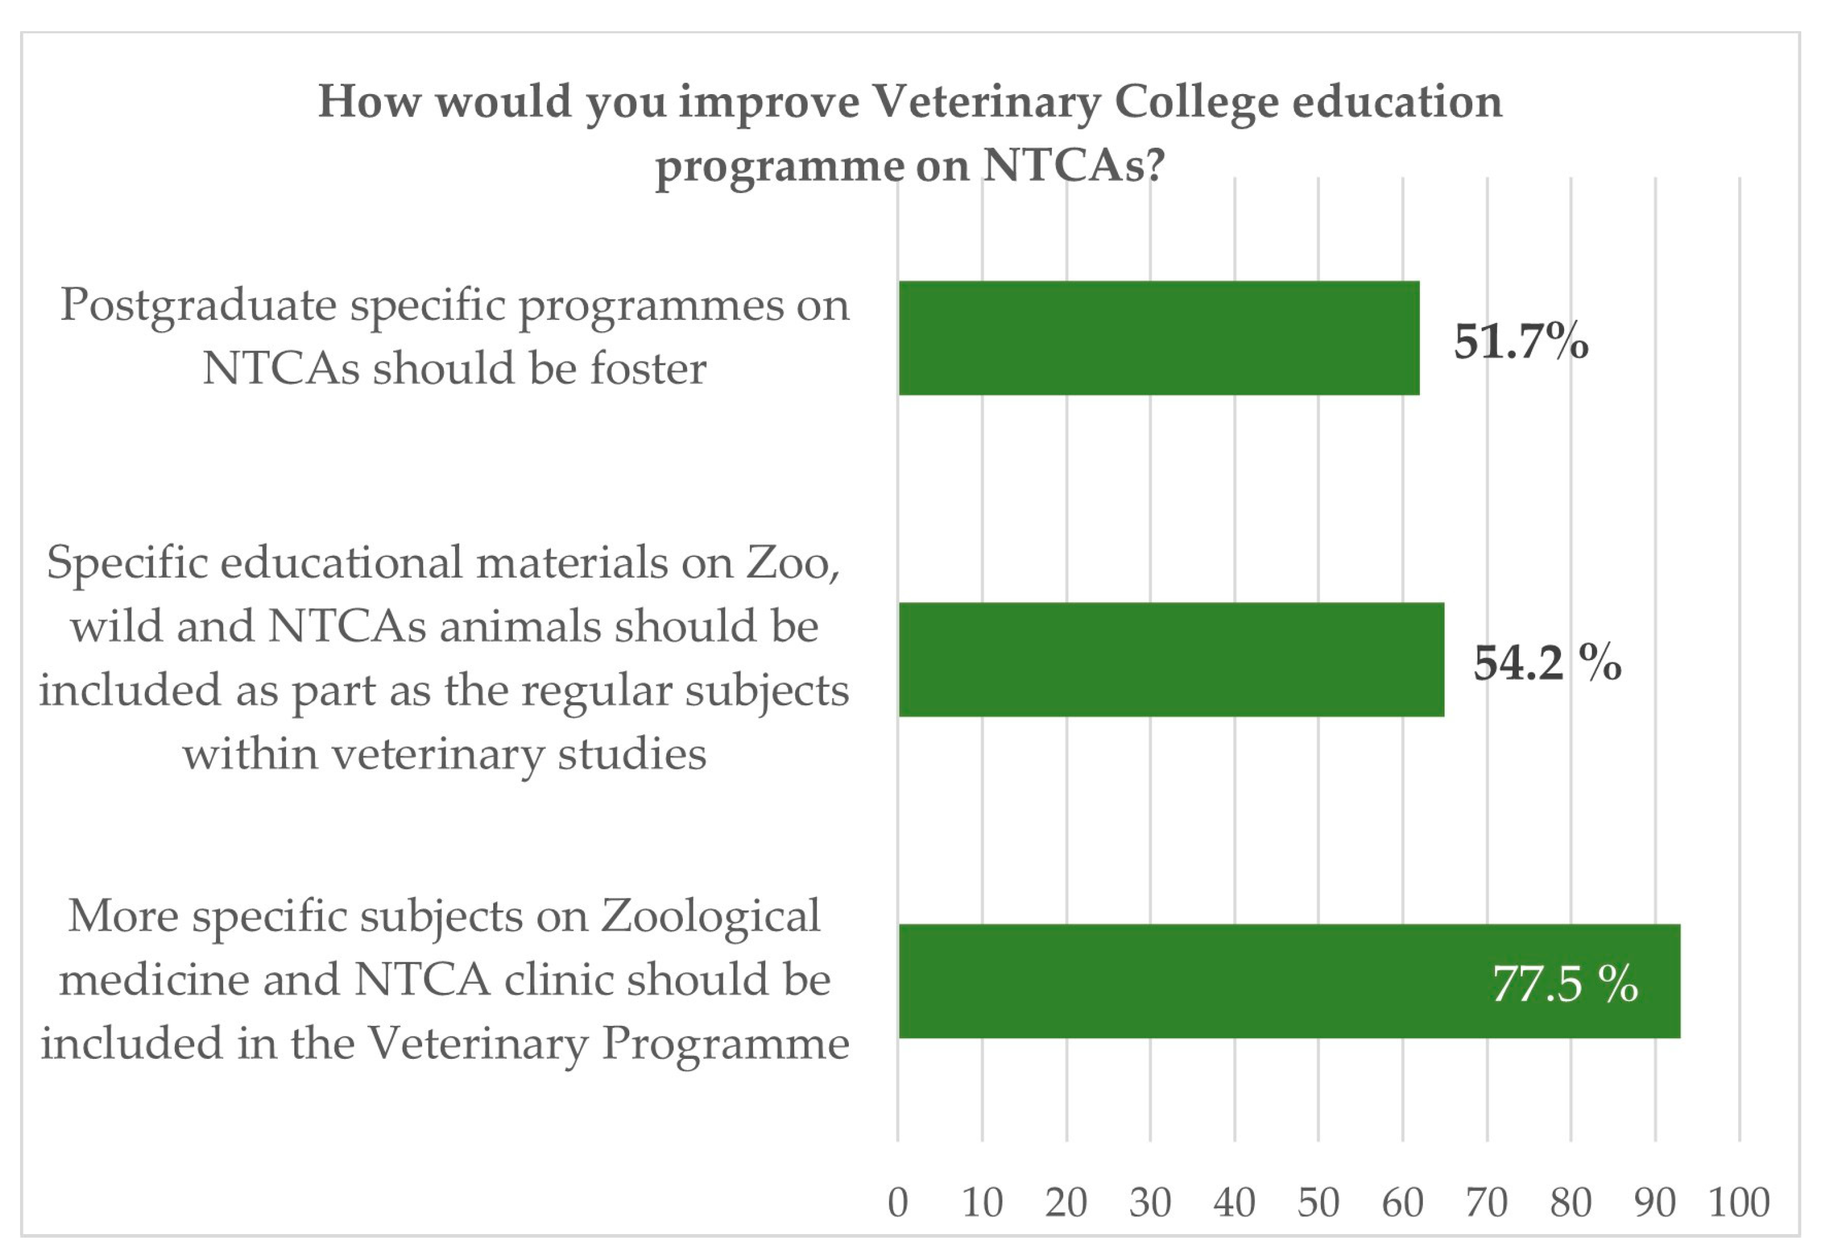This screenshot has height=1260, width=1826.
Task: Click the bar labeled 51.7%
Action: point(1158,338)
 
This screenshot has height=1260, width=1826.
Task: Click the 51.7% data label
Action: point(1520,341)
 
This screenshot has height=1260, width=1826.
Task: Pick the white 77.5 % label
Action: point(1564,984)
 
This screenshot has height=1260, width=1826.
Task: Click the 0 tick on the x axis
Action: point(898,1202)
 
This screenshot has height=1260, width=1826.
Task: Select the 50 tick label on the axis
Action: point(1318,1202)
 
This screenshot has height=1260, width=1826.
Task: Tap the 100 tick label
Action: point(1738,1202)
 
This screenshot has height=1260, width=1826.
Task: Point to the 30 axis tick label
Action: point(1150,1202)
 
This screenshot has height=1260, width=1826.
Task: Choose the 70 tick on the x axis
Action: point(1486,1202)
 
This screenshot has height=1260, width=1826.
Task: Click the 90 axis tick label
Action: point(1655,1202)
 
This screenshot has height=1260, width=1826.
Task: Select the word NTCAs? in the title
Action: point(1074,166)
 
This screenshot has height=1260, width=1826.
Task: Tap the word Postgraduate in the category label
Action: point(197,305)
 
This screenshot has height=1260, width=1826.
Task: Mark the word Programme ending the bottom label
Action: point(725,1044)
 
